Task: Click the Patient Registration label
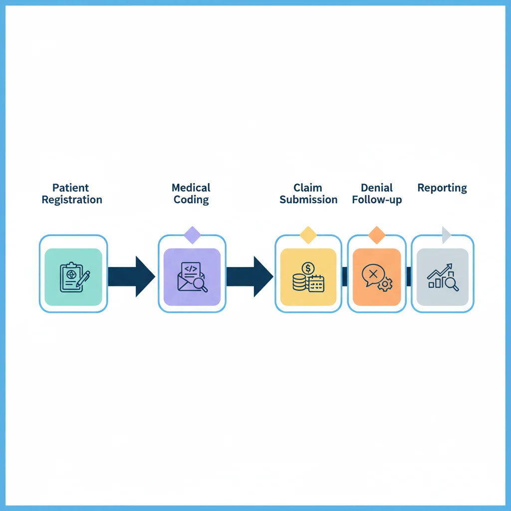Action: [x=72, y=194]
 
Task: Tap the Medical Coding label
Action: [x=191, y=194]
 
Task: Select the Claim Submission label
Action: [x=308, y=194]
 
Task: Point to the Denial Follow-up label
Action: [x=377, y=194]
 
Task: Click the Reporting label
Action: [x=442, y=188]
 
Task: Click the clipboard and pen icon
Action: [x=74, y=277]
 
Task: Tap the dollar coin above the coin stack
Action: [x=308, y=268]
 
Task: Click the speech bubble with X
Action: [x=372, y=275]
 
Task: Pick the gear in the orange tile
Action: [x=385, y=284]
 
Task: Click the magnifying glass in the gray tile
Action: [x=452, y=283]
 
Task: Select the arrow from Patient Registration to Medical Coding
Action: [x=131, y=276]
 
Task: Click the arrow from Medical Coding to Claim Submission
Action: [x=249, y=276]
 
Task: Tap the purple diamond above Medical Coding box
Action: [x=192, y=235]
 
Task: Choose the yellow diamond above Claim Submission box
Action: [x=308, y=235]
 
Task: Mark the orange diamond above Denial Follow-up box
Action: [x=377, y=235]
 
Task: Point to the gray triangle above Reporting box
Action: [x=446, y=235]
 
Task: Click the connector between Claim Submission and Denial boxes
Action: [x=345, y=276]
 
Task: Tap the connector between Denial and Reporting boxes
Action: [x=409, y=276]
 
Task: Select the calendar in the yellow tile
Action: [x=316, y=284]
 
